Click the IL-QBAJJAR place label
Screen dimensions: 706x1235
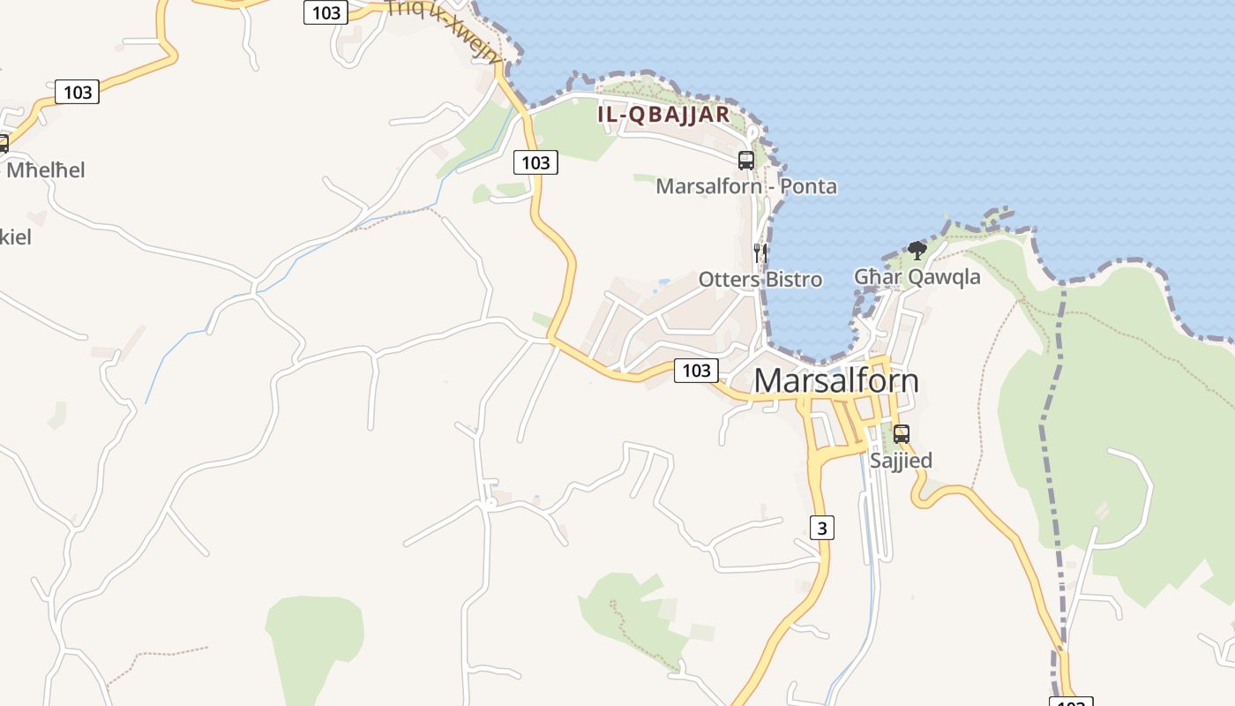pos(663,114)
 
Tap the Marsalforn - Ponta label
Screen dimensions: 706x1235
pos(746,186)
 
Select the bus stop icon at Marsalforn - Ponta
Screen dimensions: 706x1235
pos(746,160)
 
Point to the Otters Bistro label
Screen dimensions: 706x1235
pos(760,280)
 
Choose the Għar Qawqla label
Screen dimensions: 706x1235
pos(917,277)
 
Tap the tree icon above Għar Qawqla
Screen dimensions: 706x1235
pos(917,251)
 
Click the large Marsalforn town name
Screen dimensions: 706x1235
pos(836,380)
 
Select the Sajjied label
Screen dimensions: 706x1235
pos(901,461)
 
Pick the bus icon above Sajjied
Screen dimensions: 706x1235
pos(901,434)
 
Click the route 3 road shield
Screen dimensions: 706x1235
pos(822,528)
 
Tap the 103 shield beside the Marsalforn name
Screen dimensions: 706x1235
pos(696,371)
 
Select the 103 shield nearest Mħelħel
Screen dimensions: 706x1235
pos(78,92)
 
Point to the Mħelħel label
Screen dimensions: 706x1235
pos(46,170)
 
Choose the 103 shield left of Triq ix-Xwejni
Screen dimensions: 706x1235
pos(326,12)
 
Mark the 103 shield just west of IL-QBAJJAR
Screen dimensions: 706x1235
pos(535,162)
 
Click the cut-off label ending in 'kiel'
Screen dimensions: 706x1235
pos(15,237)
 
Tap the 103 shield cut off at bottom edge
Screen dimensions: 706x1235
pos(1070,702)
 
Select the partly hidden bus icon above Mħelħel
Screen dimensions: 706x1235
pos(4,143)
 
